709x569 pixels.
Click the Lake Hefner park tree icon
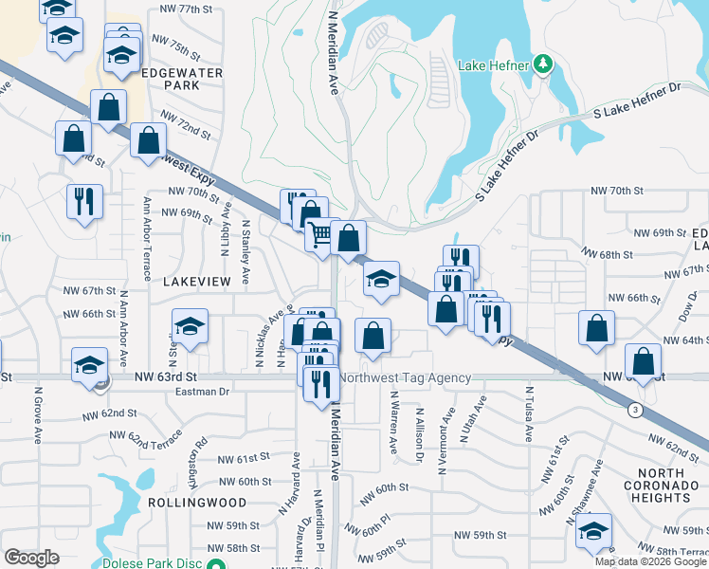click(543, 64)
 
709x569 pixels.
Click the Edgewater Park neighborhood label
click(181, 79)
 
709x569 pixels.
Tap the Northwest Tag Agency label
click(405, 378)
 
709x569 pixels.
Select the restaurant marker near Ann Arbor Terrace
click(83, 201)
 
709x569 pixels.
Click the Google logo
click(31, 558)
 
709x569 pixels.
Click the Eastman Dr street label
click(204, 391)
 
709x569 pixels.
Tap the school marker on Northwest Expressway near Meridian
click(381, 279)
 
